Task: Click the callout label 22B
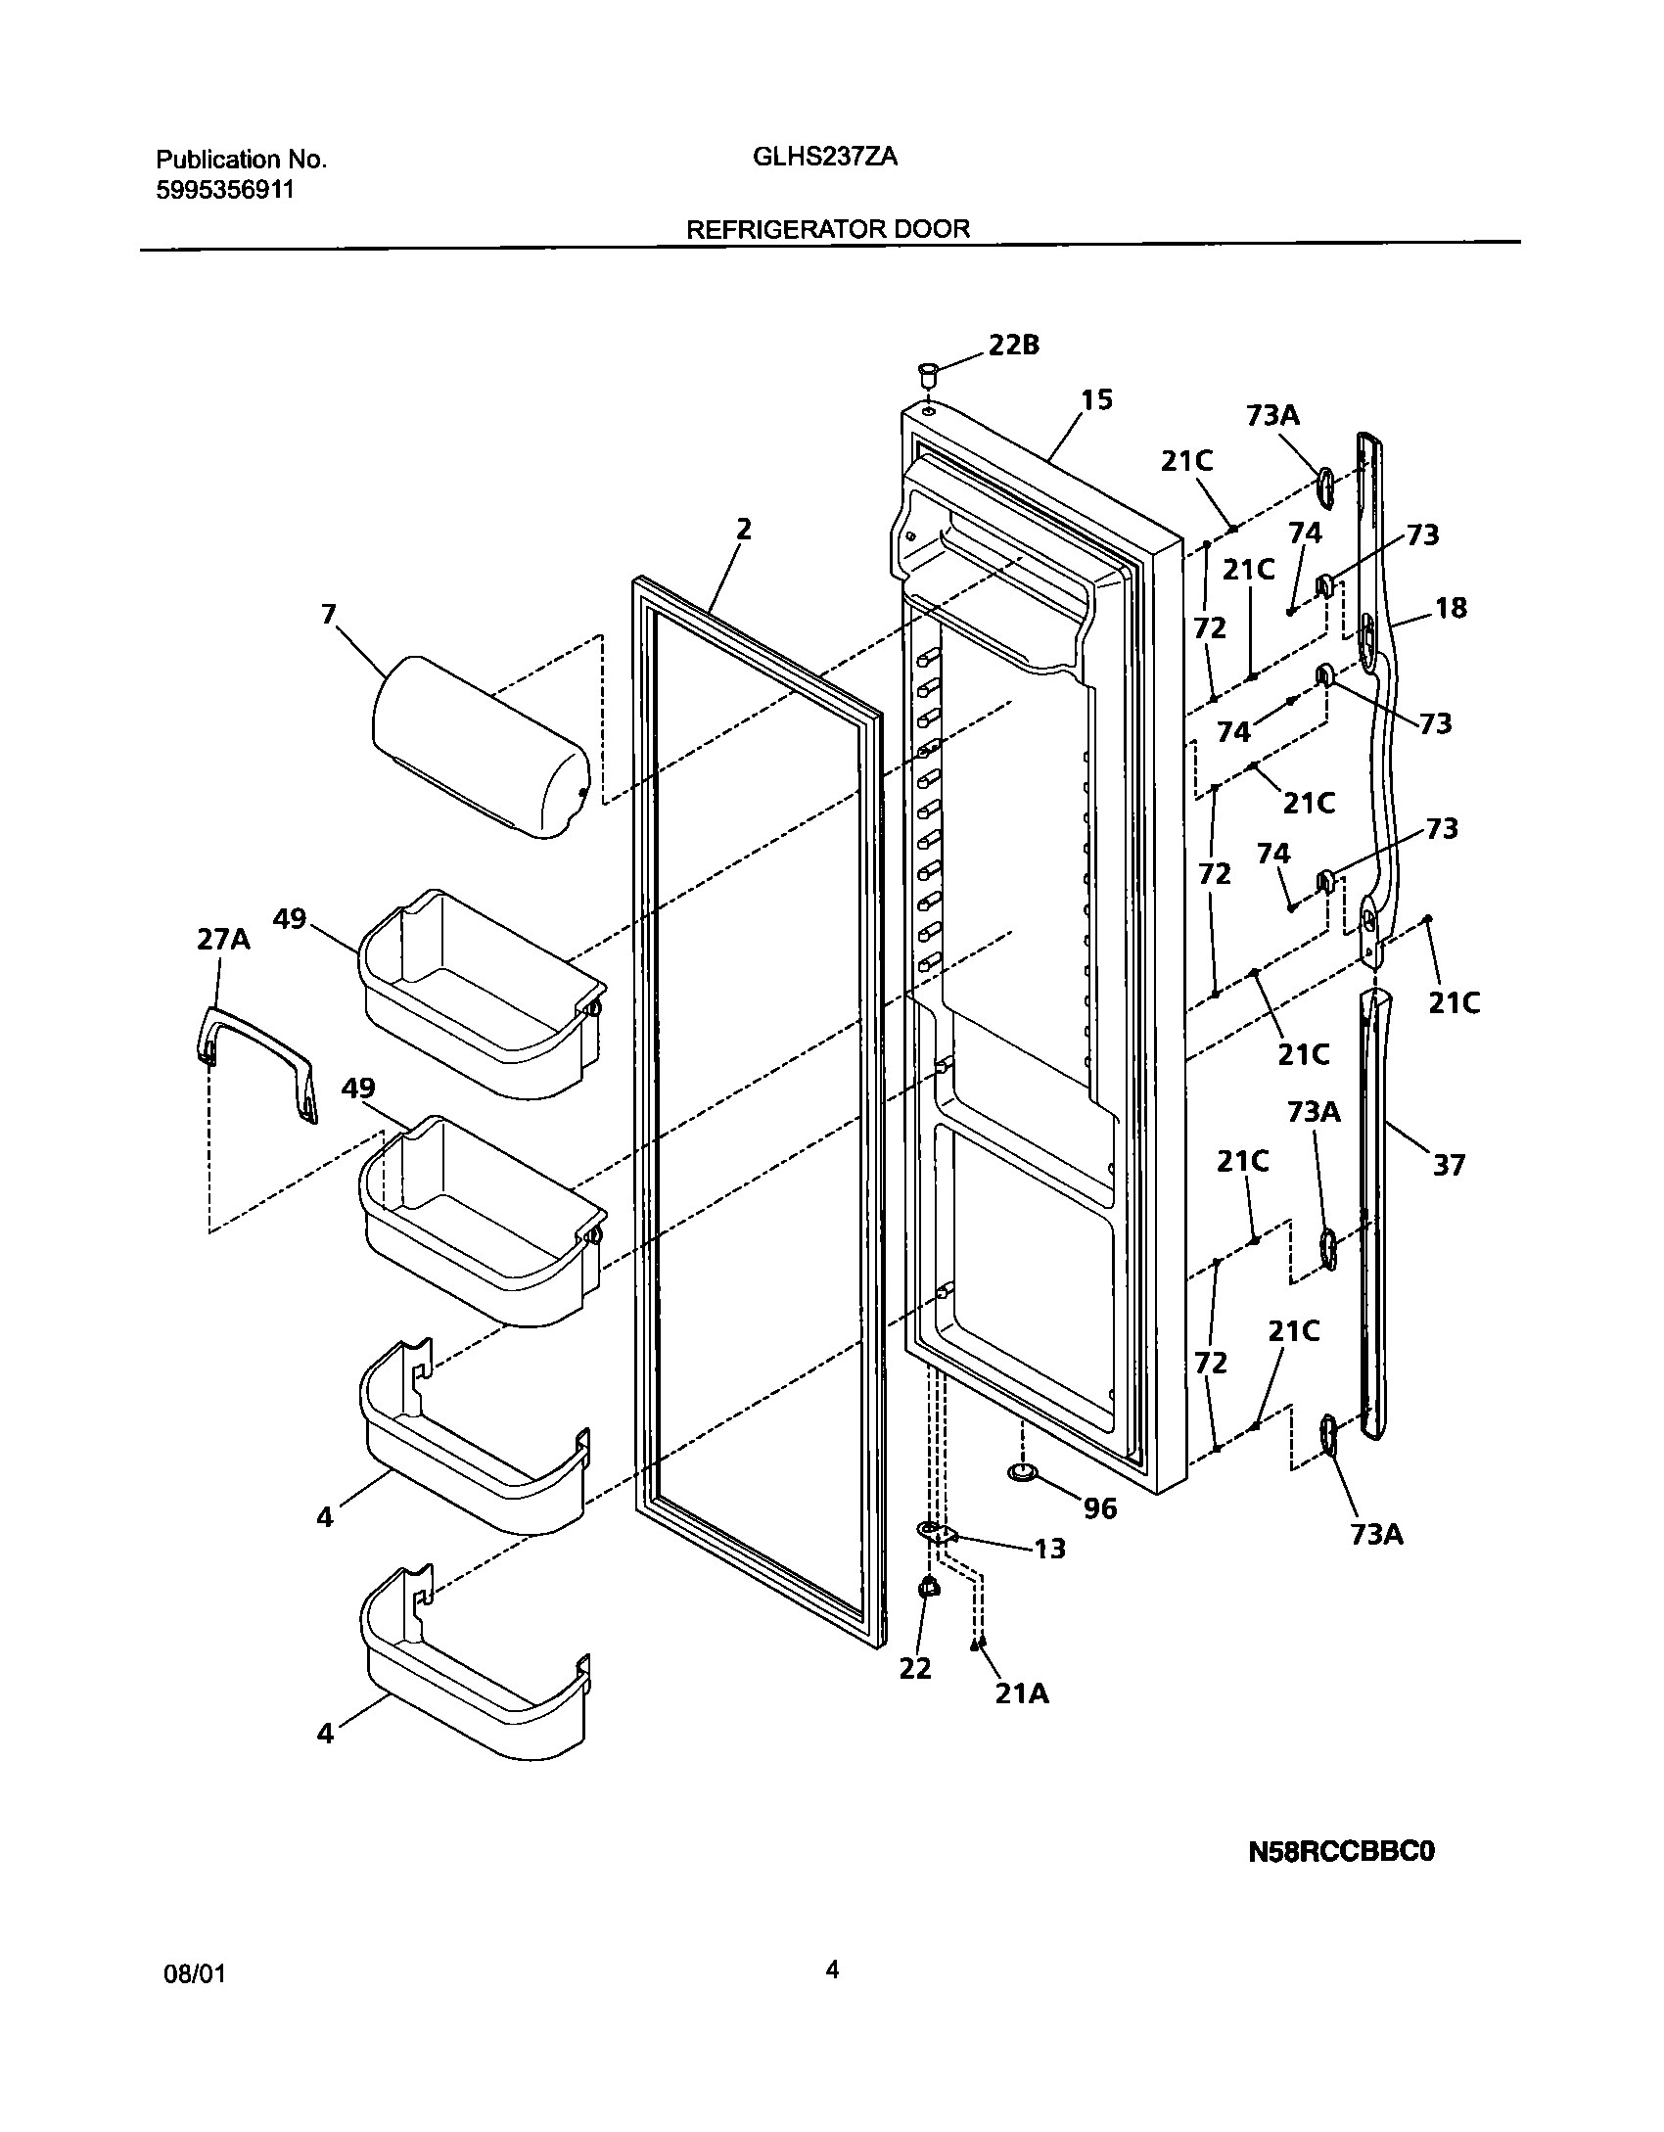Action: pos(1013,345)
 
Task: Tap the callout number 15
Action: pos(1097,399)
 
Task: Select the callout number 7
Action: pos(329,614)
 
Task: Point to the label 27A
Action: pos(223,940)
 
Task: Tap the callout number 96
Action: pos(1100,1508)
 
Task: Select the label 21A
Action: pos(1022,1693)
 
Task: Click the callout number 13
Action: pos(1049,1549)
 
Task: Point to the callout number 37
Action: pos(1449,1165)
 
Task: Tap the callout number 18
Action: pos(1451,608)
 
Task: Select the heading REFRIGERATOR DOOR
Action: pos(828,229)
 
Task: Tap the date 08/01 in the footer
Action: pos(194,1974)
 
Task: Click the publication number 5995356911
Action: pos(224,190)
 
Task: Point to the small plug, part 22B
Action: pos(927,373)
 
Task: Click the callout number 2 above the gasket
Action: pos(744,530)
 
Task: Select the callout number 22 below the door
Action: pos(915,1668)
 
